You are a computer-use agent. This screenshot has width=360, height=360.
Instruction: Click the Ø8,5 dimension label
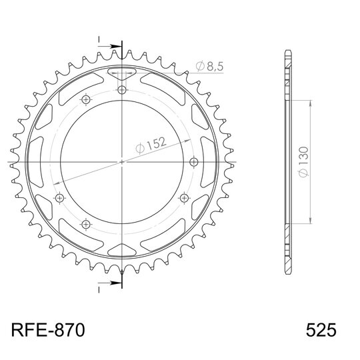point(209,66)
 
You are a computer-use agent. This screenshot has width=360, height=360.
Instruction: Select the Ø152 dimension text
point(151,145)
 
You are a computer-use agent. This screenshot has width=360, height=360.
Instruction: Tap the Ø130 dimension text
point(304,162)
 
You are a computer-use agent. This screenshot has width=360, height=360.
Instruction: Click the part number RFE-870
point(48,330)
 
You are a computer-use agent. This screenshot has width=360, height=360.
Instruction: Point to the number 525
point(321,330)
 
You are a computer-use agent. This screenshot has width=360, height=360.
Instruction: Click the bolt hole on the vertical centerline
point(122,89)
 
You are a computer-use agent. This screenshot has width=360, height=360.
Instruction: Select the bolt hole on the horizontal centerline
point(194,162)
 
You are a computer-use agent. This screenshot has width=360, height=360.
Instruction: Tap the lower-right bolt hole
point(184,198)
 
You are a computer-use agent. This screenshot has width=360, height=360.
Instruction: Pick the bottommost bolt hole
point(86,224)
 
